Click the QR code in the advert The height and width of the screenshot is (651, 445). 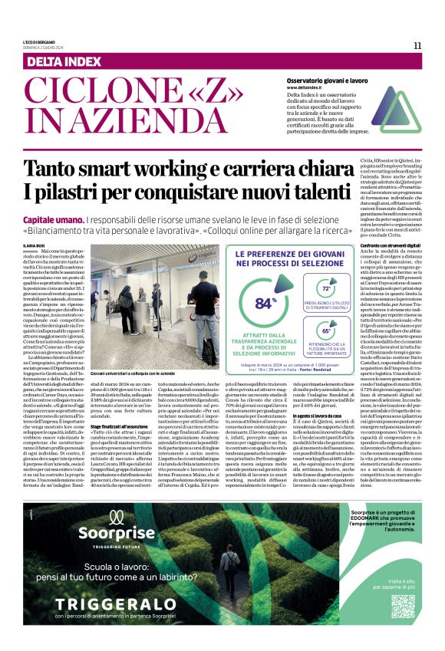pyautogui.click(x=403, y=605)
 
